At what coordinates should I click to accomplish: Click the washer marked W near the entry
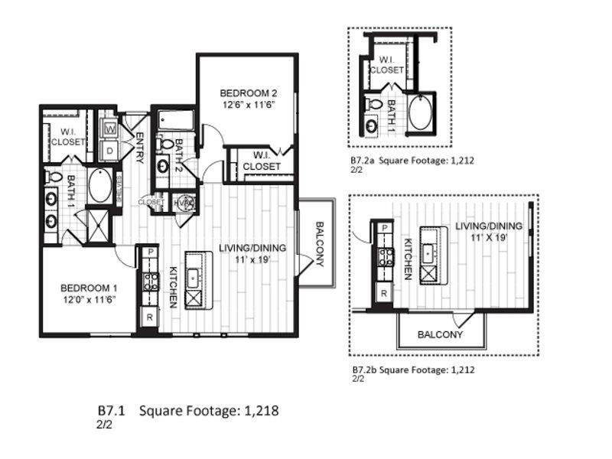coord(109,129)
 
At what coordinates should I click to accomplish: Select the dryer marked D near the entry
coord(109,150)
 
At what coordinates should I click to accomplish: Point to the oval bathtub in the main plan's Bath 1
coord(100,186)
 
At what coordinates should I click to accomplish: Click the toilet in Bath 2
coord(168,144)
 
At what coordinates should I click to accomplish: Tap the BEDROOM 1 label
coord(90,288)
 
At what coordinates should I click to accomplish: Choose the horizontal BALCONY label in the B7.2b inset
coord(440,335)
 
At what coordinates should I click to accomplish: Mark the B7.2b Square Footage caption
coord(413,369)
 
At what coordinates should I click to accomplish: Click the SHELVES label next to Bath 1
coord(119,189)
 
